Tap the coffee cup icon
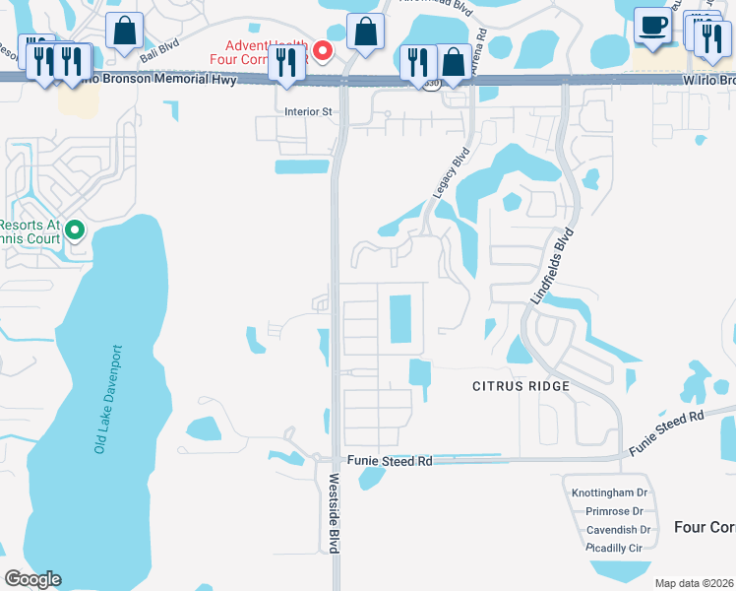[x=651, y=26]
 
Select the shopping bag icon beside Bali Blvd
[x=126, y=32]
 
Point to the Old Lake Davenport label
[x=107, y=398]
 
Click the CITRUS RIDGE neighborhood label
[x=521, y=386]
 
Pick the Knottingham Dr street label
[x=609, y=492]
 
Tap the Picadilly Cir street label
[x=613, y=547]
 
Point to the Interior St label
[x=308, y=112]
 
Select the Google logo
[x=32, y=579]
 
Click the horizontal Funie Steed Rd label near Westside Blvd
[x=390, y=461]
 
